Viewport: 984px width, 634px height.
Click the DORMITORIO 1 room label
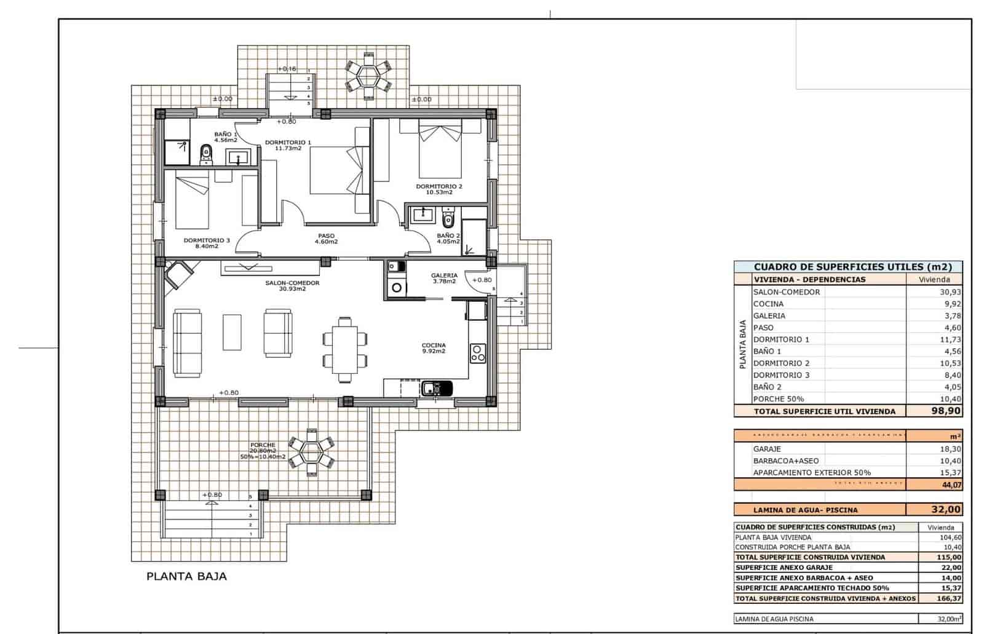[x=288, y=145]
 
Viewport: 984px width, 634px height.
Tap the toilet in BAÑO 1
[x=206, y=154]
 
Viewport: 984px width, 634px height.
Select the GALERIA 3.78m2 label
[x=443, y=278]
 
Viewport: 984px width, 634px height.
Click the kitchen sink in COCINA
[x=437, y=388]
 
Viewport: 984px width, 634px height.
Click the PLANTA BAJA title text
[x=186, y=576]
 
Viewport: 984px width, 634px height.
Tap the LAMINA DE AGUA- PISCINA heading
[x=805, y=510]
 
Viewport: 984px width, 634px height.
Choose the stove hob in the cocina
[x=478, y=352]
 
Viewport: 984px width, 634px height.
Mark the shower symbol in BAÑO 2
[x=470, y=249]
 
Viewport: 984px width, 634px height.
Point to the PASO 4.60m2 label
[x=326, y=239]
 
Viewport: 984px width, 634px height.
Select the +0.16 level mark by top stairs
[x=287, y=69]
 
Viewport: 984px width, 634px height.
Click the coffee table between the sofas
[x=232, y=332]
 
